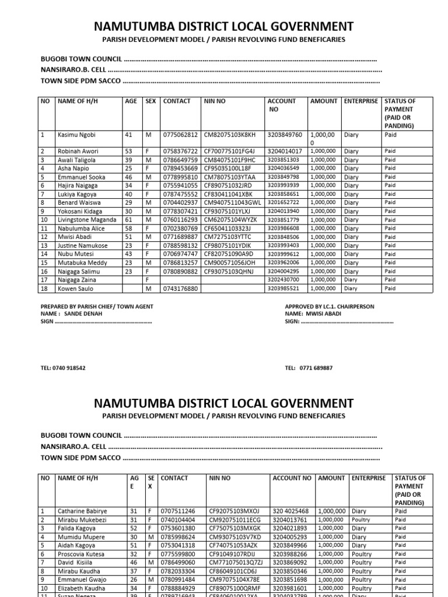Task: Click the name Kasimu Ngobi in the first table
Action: pyautogui.click(x=77, y=135)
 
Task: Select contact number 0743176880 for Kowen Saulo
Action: pyautogui.click(x=180, y=289)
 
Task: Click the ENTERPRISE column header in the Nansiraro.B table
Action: pyautogui.click(x=360, y=101)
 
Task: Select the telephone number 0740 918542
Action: pyautogui.click(x=63, y=368)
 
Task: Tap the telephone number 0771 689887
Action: pyautogui.click(x=309, y=368)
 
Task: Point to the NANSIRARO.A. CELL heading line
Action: pyautogui.click(x=210, y=447)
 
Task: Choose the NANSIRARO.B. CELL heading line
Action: pyautogui.click(x=210, y=70)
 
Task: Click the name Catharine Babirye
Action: pyautogui.click(x=82, y=511)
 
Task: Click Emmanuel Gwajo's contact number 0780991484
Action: pyautogui.click(x=179, y=580)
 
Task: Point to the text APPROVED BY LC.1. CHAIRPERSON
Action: pyautogui.click(x=329, y=307)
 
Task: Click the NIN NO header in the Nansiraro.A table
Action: pyautogui.click(x=220, y=478)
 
